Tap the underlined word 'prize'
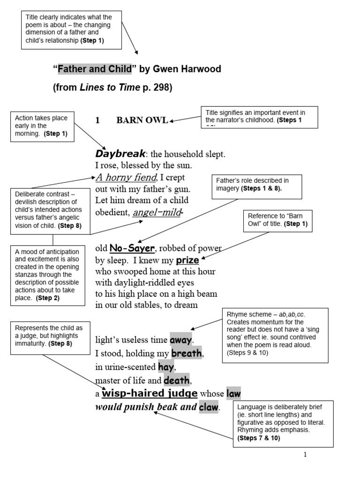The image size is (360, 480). click(x=187, y=260)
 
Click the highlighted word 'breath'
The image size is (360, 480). click(x=187, y=353)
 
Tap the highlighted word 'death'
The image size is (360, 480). click(x=178, y=379)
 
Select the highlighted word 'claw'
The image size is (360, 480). click(x=209, y=407)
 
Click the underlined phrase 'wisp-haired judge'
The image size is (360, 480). click(x=150, y=393)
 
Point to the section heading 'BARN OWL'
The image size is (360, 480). click(x=142, y=120)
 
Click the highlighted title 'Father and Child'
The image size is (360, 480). click(x=95, y=69)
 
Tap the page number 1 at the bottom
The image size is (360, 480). click(x=305, y=454)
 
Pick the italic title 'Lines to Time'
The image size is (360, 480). click(x=110, y=87)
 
